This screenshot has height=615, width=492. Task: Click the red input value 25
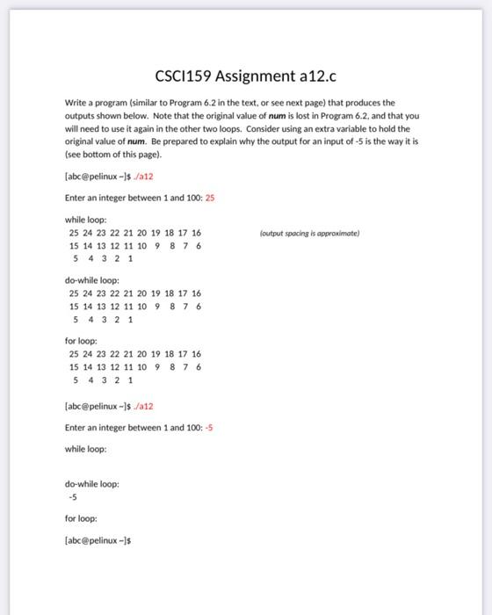(x=210, y=198)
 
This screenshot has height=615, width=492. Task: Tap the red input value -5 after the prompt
(x=209, y=428)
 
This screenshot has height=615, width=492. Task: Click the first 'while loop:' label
(x=85, y=220)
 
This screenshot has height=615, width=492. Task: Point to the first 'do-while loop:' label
(x=91, y=280)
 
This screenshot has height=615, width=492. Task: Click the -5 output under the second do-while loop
(x=74, y=496)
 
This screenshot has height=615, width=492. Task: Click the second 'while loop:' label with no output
(x=85, y=449)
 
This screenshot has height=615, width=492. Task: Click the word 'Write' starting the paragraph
(x=76, y=103)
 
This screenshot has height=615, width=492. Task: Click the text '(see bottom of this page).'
(x=113, y=153)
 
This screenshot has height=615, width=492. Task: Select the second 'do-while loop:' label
(x=91, y=483)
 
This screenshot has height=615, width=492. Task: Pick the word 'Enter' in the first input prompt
(x=76, y=198)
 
